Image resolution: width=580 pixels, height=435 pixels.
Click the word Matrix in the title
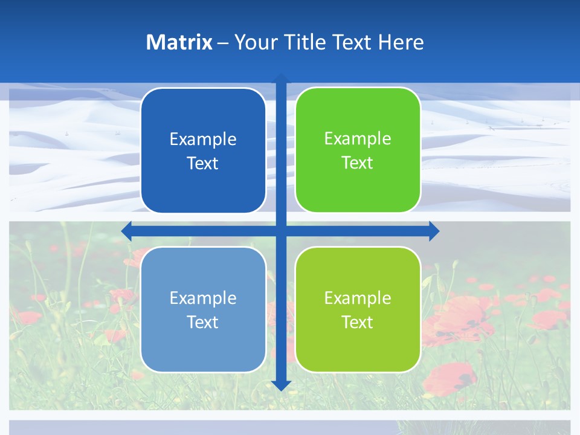pos(179,42)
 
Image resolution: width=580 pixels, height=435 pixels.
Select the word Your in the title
pos(254,42)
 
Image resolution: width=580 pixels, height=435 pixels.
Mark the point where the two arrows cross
pos(281,231)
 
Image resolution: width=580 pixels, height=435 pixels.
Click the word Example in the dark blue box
pos(203,139)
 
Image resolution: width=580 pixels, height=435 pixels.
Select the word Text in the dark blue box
pos(203,163)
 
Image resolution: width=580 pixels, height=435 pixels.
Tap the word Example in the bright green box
pos(358,138)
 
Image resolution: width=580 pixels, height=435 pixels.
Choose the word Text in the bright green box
pos(358,163)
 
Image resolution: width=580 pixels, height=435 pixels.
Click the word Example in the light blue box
pos(203,298)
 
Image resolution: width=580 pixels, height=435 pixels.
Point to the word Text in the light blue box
pos(203,322)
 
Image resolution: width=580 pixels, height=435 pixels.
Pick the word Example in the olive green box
pos(358,298)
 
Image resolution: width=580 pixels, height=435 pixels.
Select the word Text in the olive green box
pos(358,322)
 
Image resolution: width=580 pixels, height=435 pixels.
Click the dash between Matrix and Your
pos(223,43)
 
